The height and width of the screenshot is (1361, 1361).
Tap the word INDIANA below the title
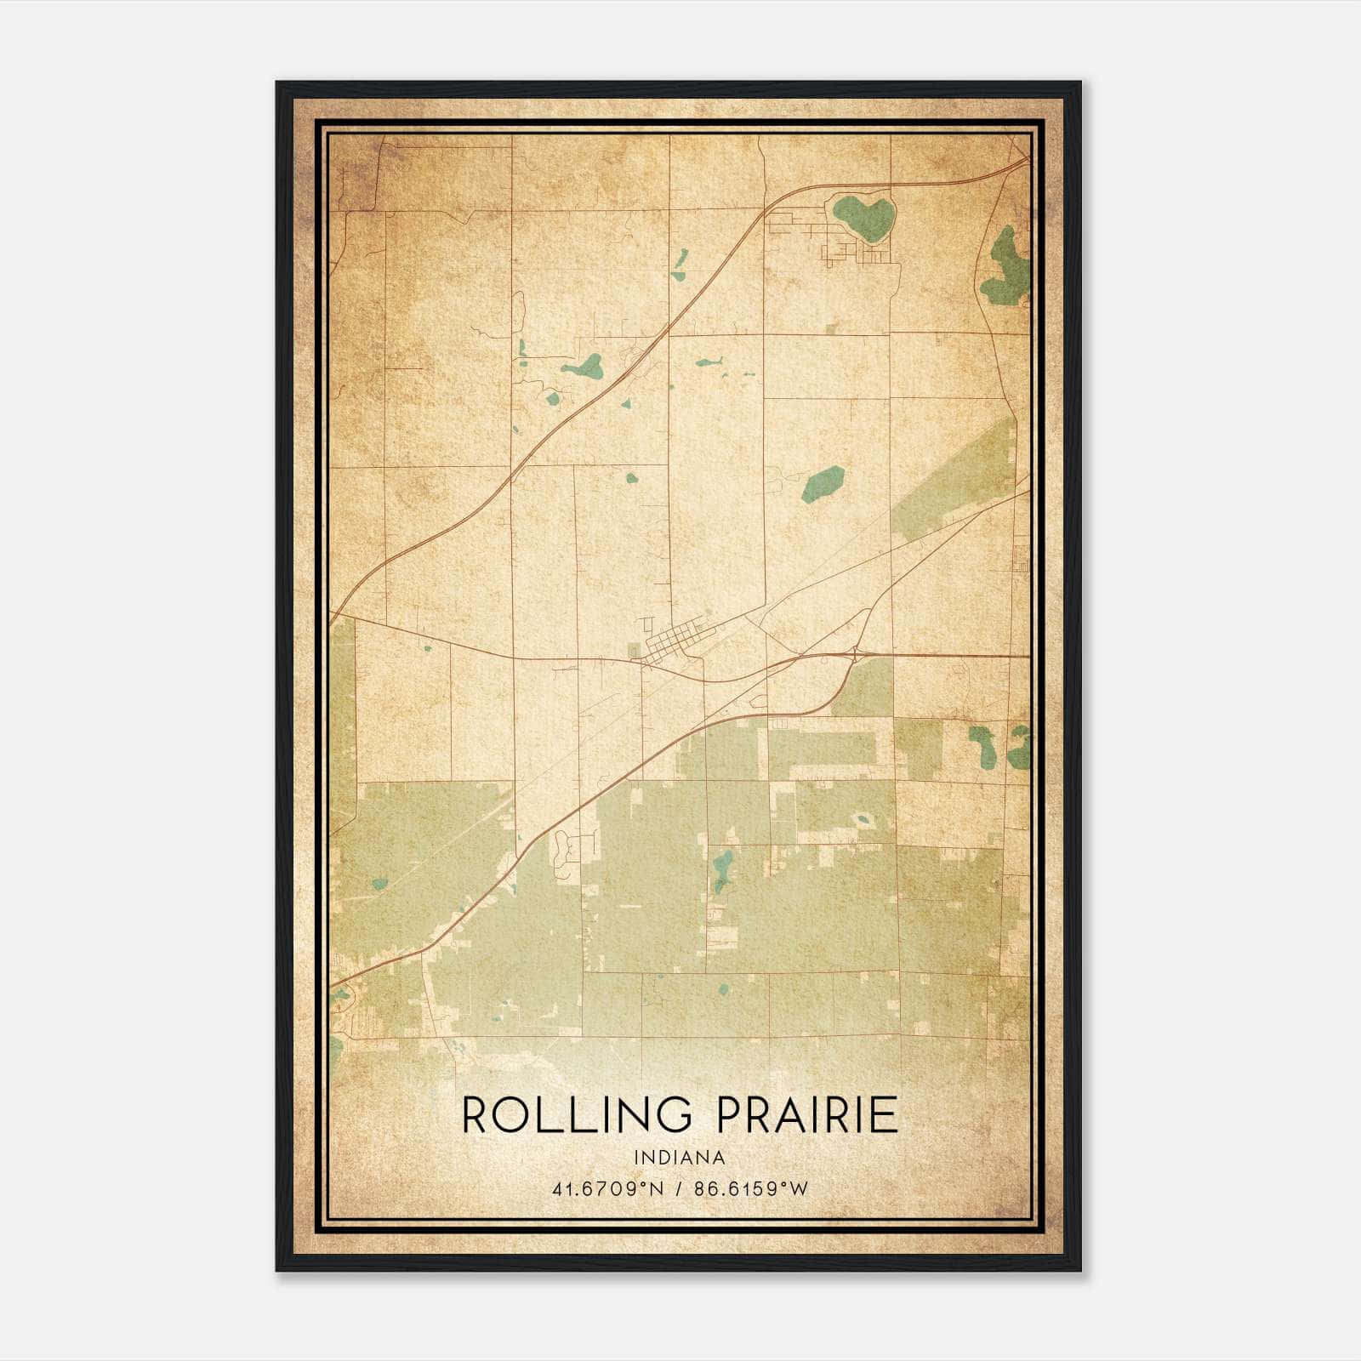click(680, 1157)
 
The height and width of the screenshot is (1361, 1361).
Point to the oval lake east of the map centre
click(823, 483)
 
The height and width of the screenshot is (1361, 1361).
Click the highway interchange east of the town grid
click(855, 654)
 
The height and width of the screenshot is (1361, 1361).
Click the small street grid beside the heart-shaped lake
click(842, 249)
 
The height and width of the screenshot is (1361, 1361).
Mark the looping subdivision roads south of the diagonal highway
click(563, 851)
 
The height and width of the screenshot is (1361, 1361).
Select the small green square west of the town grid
click(634, 651)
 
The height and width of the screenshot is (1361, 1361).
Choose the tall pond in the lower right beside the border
click(1018, 747)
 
